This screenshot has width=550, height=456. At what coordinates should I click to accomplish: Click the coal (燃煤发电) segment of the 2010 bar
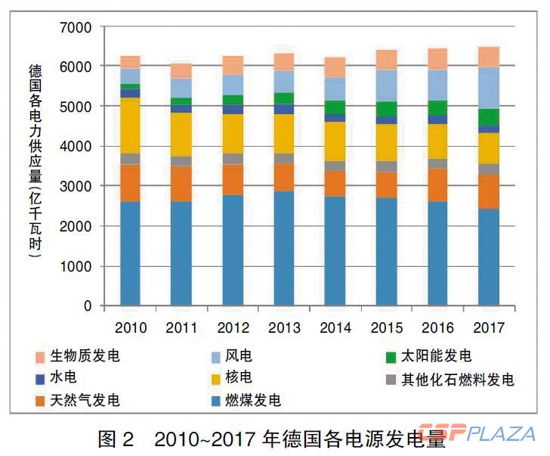tap(130, 253)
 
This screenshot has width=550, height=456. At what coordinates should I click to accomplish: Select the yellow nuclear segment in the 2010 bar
tap(130, 125)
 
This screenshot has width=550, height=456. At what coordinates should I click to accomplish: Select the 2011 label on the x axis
tap(181, 328)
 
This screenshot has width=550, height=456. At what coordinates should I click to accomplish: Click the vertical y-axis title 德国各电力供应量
tap(35, 163)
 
